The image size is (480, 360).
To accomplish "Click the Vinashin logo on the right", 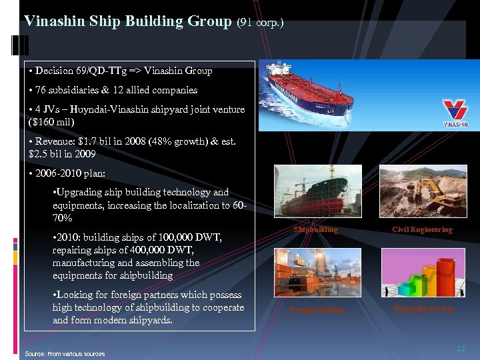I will point(455,113).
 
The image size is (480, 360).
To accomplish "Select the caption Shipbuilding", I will point(315,230).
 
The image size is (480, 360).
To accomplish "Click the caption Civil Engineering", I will point(422,230).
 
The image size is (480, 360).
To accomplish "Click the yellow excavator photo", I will point(422,191).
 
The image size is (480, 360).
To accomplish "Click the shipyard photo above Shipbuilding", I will point(316,191).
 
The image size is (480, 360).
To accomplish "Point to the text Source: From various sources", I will point(65,353).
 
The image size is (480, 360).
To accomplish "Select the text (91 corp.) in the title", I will point(261,22).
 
